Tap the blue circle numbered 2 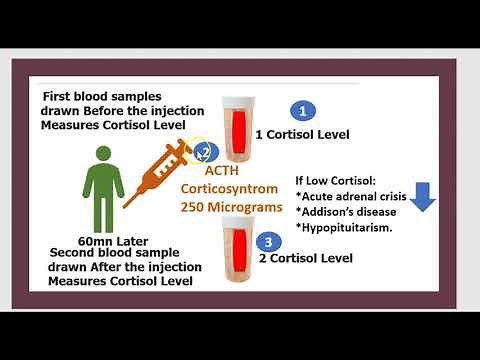pyautogui.click(x=204, y=153)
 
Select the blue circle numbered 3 pyautogui.click(x=267, y=241)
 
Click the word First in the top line pyautogui.click(x=57, y=97)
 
